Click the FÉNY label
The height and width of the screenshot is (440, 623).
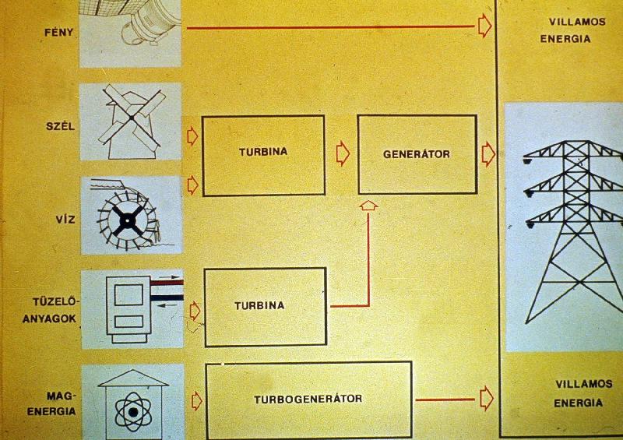(x=59, y=32)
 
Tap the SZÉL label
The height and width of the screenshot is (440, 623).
(x=61, y=126)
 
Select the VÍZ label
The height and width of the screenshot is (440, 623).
(x=65, y=219)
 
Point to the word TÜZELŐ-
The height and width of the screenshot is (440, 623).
(x=55, y=301)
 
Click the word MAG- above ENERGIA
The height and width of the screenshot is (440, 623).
(x=61, y=396)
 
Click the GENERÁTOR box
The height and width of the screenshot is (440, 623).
(x=417, y=155)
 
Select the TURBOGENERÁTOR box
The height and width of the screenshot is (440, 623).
(x=308, y=400)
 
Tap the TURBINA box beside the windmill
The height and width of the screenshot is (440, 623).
(x=263, y=156)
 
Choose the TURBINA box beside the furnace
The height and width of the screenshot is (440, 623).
(x=266, y=307)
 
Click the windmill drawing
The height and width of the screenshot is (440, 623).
(x=132, y=121)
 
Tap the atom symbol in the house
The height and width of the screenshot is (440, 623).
(x=133, y=412)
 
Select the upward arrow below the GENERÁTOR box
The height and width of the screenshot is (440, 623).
(x=368, y=206)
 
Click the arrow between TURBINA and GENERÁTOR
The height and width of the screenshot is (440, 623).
(x=343, y=154)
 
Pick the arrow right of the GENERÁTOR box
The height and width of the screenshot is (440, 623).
(x=488, y=154)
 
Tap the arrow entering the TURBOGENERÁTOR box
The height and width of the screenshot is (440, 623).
(x=197, y=400)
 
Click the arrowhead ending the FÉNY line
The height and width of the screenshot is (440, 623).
(x=484, y=26)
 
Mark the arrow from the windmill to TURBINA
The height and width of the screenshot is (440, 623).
(x=192, y=136)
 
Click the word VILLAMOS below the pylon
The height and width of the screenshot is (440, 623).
(x=583, y=384)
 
